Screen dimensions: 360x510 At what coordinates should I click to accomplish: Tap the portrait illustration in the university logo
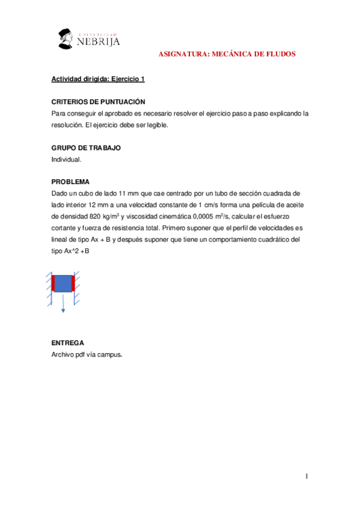[66, 38]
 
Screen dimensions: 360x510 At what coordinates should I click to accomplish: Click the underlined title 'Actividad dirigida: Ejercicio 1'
[98, 79]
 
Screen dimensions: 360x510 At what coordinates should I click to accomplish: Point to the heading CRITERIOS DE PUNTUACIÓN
[98, 102]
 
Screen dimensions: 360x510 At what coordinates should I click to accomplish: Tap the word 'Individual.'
[66, 159]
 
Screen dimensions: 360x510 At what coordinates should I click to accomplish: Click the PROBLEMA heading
[70, 182]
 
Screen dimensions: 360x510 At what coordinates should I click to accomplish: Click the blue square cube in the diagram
[63, 283]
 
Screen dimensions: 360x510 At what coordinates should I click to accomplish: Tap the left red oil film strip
[52, 283]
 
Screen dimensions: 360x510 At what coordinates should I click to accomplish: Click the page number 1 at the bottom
[307, 477]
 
